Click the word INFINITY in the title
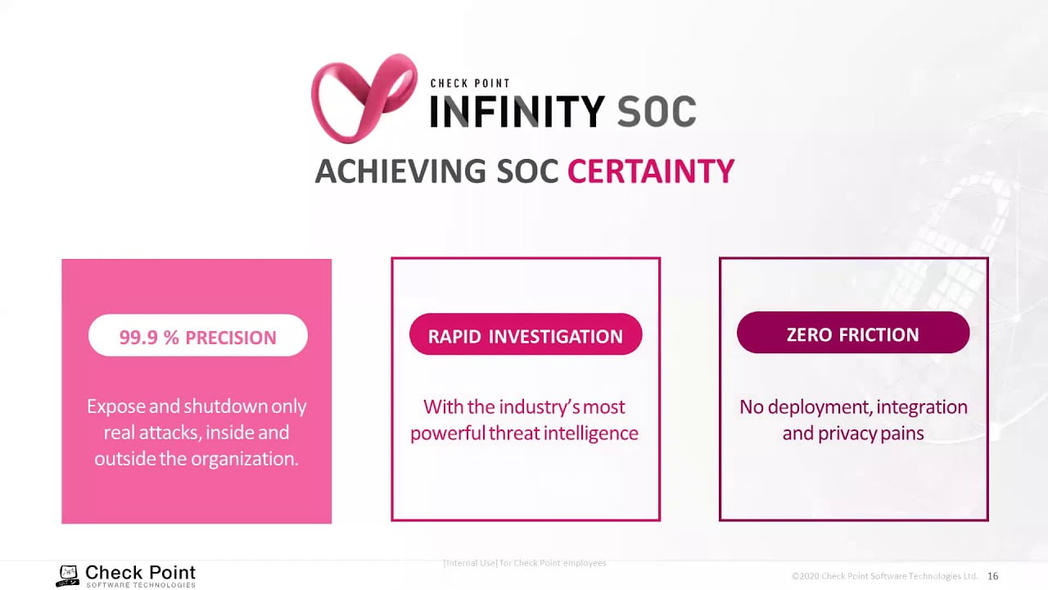click(x=517, y=111)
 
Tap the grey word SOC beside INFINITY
click(x=657, y=111)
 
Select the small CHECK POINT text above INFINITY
click(x=470, y=84)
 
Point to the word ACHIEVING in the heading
click(x=400, y=170)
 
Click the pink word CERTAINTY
click(x=651, y=170)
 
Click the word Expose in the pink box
click(x=116, y=406)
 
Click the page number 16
click(x=993, y=576)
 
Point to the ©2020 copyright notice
click(x=884, y=575)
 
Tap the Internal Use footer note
click(x=525, y=563)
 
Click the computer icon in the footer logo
click(x=68, y=576)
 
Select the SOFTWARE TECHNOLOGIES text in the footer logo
click(x=141, y=585)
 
